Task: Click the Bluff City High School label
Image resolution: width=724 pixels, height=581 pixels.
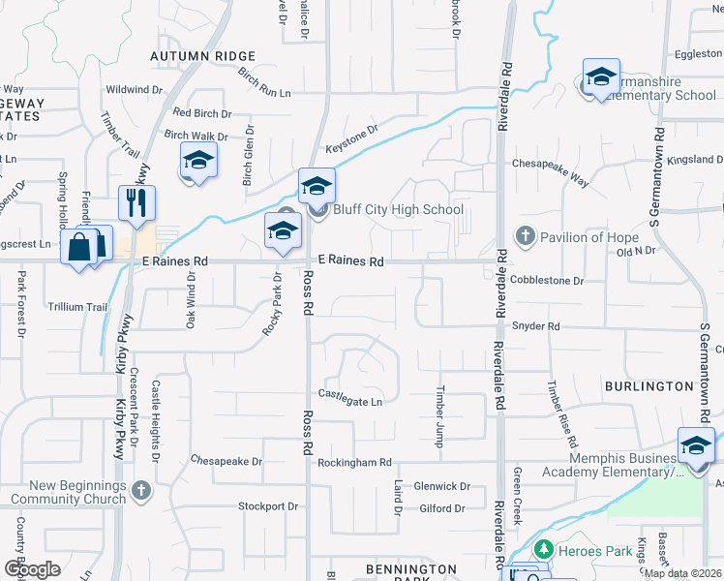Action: (x=398, y=209)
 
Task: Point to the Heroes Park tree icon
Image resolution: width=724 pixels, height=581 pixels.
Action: (x=542, y=550)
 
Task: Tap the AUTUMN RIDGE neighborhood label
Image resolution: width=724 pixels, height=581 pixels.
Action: (x=202, y=57)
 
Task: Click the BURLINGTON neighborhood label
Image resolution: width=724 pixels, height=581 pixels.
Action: (x=649, y=386)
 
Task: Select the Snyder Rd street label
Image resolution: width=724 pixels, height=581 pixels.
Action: (x=536, y=327)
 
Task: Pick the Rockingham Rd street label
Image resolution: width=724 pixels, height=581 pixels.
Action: (x=354, y=463)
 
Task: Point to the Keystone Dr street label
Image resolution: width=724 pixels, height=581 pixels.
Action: (x=351, y=134)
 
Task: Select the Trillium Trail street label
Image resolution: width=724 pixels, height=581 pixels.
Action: (x=77, y=307)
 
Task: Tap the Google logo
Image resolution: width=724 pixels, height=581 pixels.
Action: (x=31, y=569)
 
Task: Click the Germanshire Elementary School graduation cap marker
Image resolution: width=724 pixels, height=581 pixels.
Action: (x=601, y=77)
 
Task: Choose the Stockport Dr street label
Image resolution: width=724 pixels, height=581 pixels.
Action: (x=269, y=506)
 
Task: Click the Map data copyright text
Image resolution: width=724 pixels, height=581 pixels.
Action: (x=683, y=573)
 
